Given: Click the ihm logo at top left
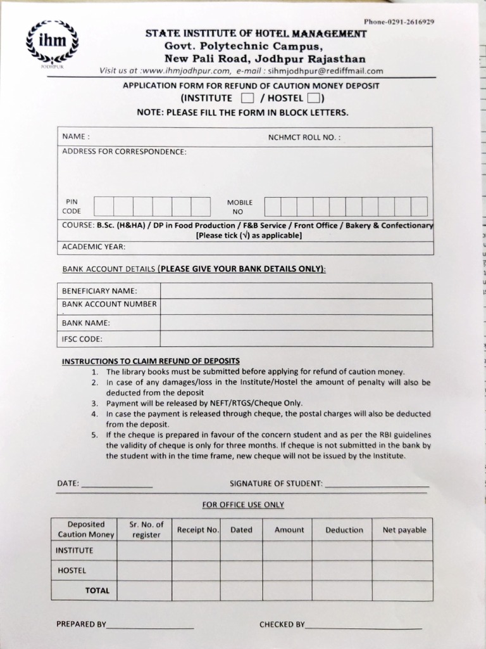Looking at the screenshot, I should click(x=52, y=43).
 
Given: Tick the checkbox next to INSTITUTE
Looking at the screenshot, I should click(x=247, y=98).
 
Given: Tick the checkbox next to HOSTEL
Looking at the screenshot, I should click(x=313, y=98).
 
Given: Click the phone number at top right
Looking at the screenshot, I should click(x=399, y=22).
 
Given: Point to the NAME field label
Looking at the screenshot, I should click(x=75, y=136).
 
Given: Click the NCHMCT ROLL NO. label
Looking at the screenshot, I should click(x=304, y=137).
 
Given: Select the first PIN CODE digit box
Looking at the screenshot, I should click(x=104, y=207).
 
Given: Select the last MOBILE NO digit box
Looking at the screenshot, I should click(x=419, y=207).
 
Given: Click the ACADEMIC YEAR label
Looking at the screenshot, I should click(x=94, y=247).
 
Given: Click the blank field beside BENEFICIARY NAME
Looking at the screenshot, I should click(x=296, y=291).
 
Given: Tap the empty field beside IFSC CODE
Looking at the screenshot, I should click(x=296, y=339).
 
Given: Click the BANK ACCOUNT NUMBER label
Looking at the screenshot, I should click(x=109, y=304).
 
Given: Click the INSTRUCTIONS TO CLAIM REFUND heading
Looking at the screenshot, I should click(x=151, y=361).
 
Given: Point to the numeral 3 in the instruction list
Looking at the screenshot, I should click(x=94, y=403).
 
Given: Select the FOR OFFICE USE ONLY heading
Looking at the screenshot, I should click(x=243, y=504).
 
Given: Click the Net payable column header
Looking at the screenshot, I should click(x=404, y=530).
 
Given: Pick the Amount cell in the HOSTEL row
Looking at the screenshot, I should click(x=289, y=570).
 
